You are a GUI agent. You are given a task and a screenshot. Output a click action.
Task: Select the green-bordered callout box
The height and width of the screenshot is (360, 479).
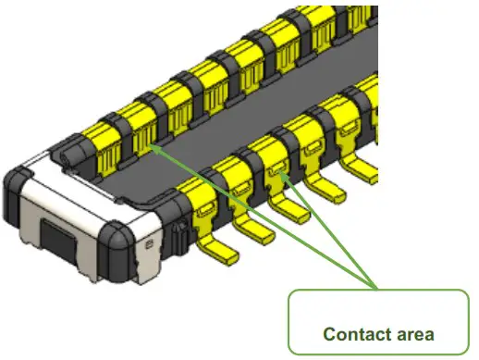(380, 323)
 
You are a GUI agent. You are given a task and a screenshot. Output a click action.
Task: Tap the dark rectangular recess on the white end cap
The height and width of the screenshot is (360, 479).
(58, 239)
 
